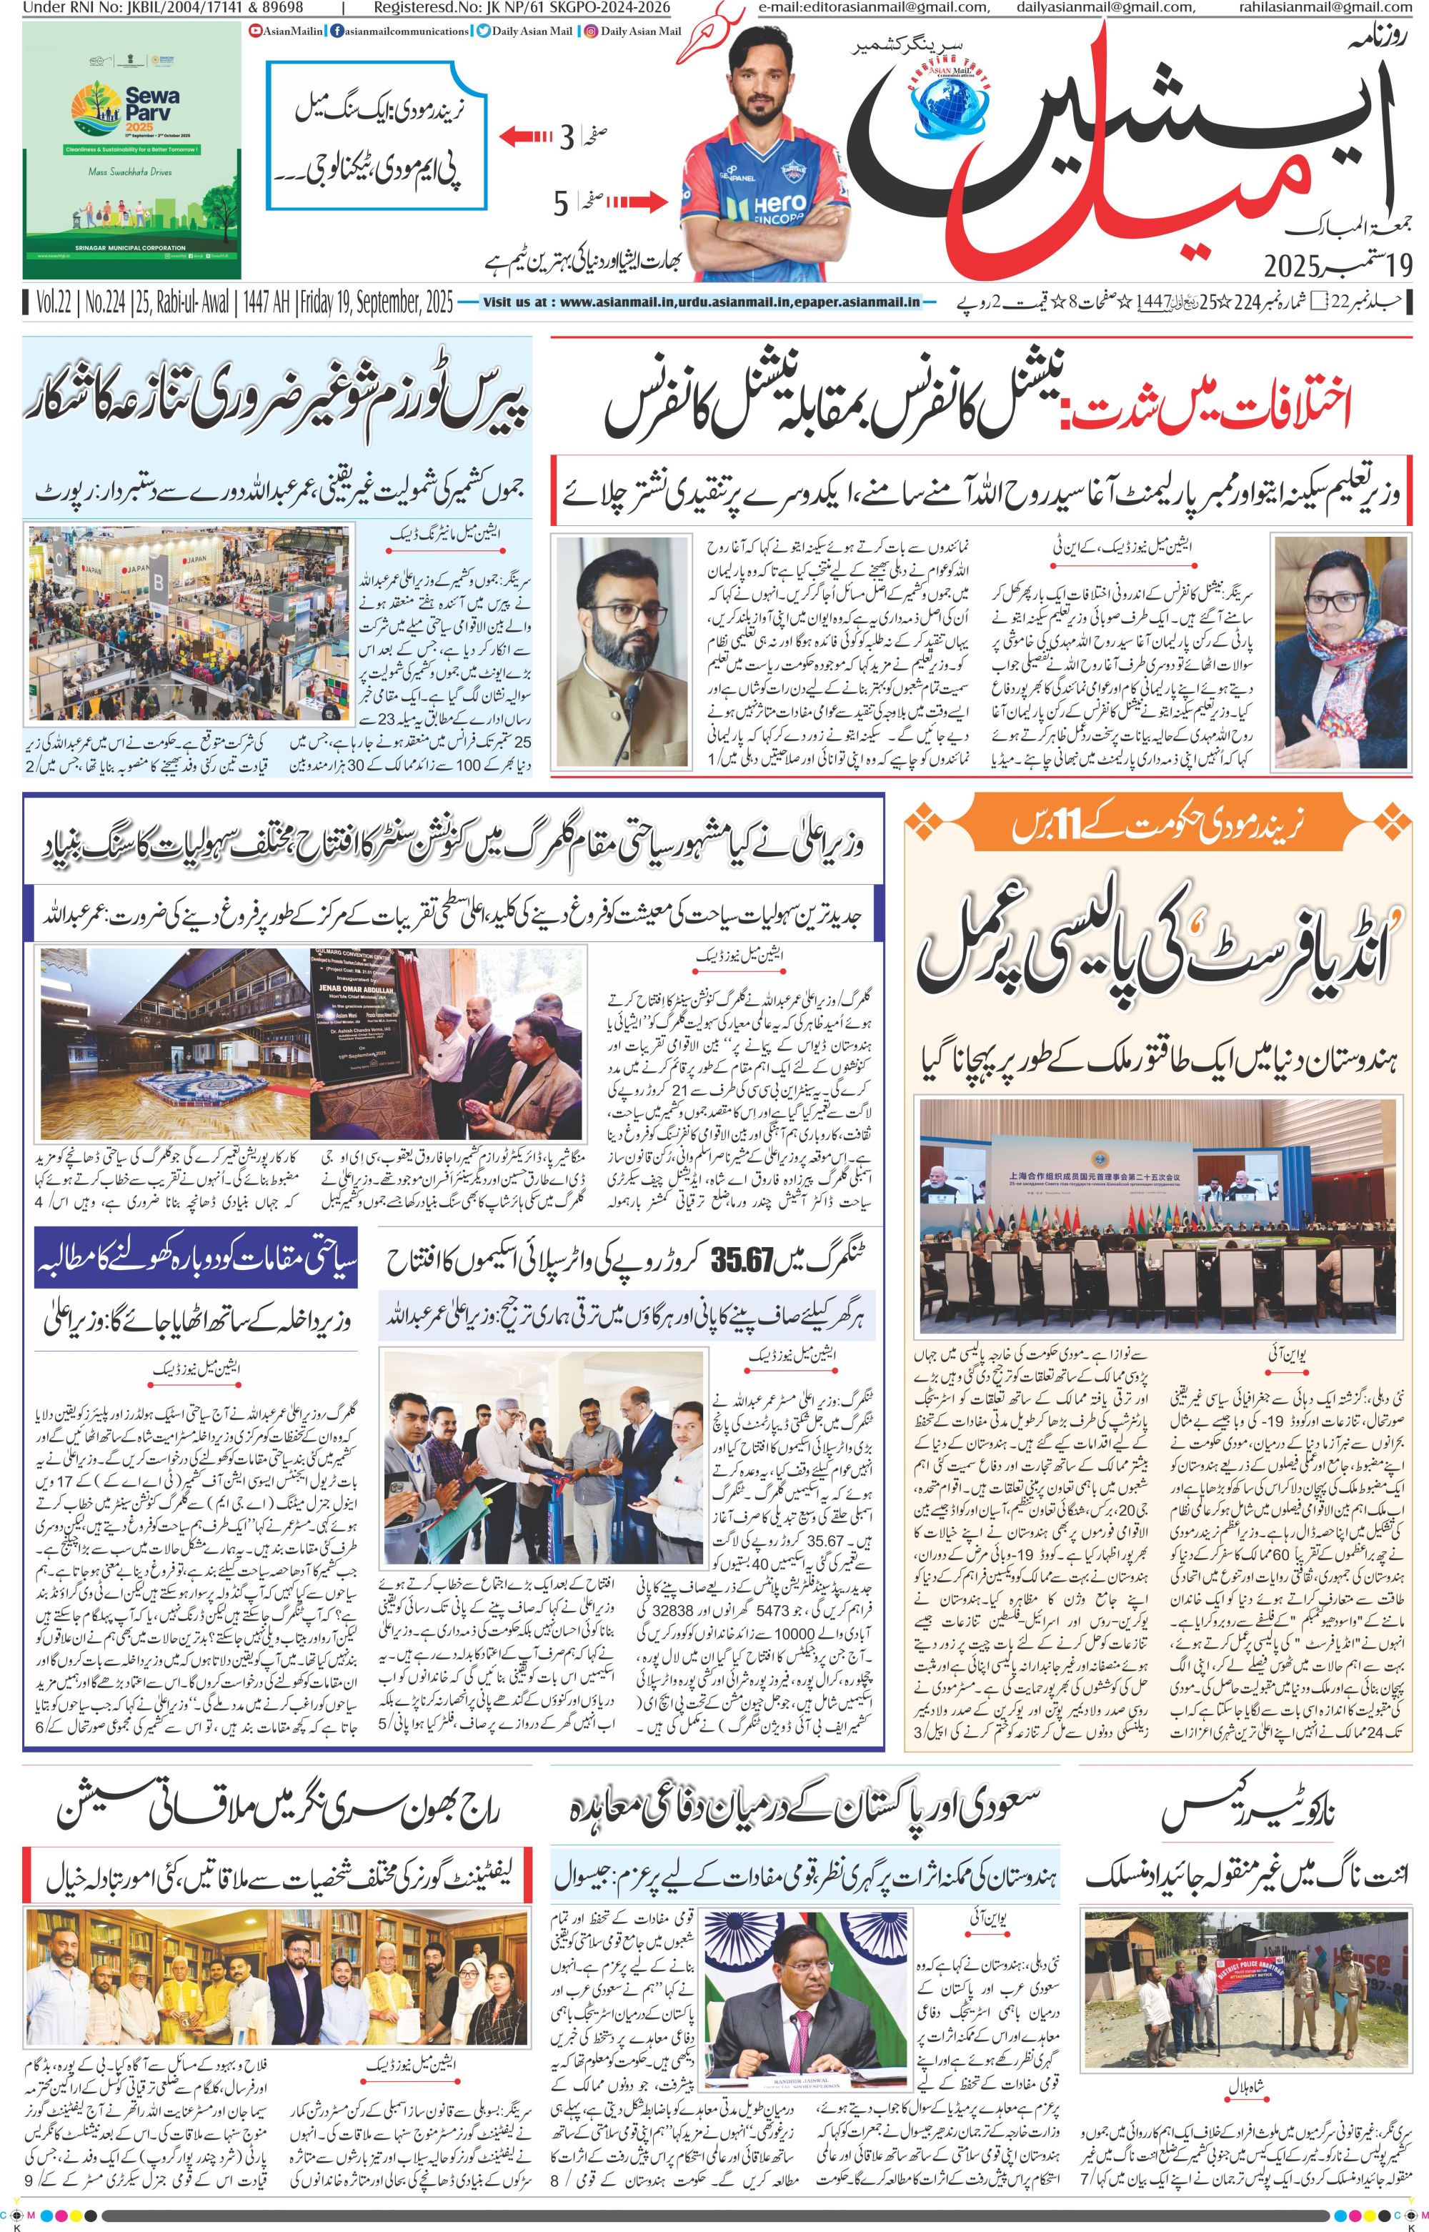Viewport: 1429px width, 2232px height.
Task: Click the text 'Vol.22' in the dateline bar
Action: coord(56,302)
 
